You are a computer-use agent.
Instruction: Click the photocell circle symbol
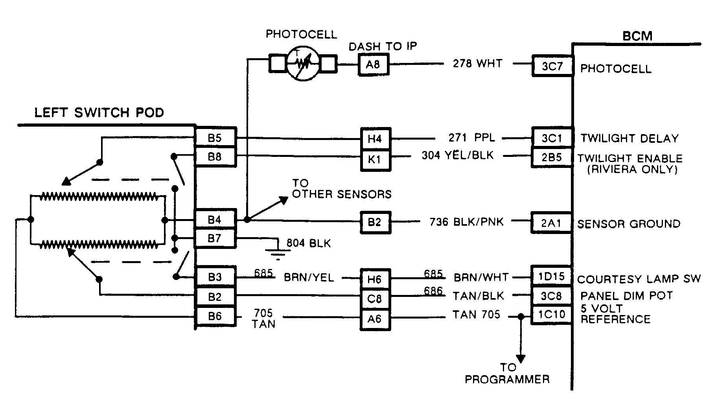pyautogui.click(x=303, y=63)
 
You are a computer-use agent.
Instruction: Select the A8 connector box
pyautogui.click(x=373, y=64)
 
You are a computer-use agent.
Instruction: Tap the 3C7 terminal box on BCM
pyautogui.click(x=552, y=66)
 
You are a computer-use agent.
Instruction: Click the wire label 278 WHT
pyautogui.click(x=477, y=63)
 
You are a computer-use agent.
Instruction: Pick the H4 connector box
pyautogui.click(x=375, y=139)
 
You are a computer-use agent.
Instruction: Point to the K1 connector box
pyautogui.click(x=375, y=160)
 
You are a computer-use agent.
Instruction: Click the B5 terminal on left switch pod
pyautogui.click(x=215, y=138)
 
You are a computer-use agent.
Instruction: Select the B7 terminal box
pyautogui.click(x=215, y=238)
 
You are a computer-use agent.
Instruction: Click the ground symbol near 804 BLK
pyautogui.click(x=278, y=254)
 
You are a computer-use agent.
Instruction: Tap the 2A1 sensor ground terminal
pyautogui.click(x=551, y=223)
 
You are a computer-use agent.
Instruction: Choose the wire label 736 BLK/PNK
pyautogui.click(x=466, y=222)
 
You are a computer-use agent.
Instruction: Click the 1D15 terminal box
pyautogui.click(x=551, y=276)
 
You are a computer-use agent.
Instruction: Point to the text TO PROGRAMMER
pyautogui.click(x=507, y=374)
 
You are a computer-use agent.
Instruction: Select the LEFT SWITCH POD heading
pyautogui.click(x=99, y=113)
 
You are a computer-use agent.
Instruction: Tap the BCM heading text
pyautogui.click(x=637, y=36)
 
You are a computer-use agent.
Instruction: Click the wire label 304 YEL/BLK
pyautogui.click(x=457, y=155)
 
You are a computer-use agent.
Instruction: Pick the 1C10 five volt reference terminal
pyautogui.click(x=551, y=315)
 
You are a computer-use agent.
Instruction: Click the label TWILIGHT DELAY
pyautogui.click(x=629, y=138)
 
